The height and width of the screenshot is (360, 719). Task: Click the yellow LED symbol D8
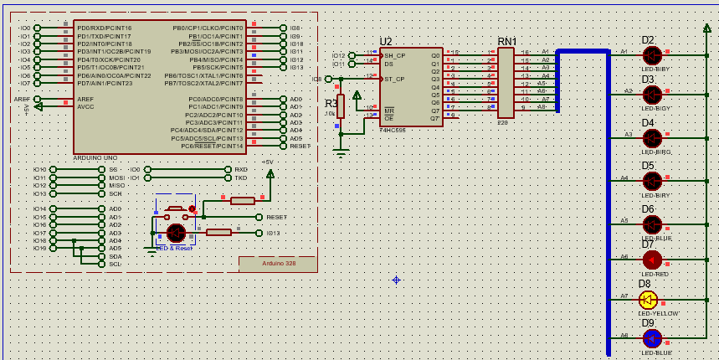[x=647, y=299]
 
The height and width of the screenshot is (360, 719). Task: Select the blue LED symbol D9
[x=651, y=337]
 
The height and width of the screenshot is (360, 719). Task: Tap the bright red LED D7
[x=651, y=260]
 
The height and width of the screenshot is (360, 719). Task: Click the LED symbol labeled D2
[x=651, y=55]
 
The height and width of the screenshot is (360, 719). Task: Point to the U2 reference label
[x=386, y=42]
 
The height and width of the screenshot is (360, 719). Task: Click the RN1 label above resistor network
[x=507, y=42]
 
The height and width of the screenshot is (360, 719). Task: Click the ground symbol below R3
[x=340, y=152]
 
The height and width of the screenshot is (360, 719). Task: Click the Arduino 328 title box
[x=278, y=263]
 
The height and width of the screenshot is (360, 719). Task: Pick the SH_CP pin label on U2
[x=395, y=55]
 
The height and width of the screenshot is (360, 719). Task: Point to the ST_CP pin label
[x=395, y=79]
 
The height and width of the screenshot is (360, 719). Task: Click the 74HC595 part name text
[x=393, y=131]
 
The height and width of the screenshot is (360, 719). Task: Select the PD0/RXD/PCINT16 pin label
[x=104, y=28]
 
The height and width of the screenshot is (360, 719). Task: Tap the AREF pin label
[x=85, y=99]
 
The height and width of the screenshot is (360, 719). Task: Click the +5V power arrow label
[x=268, y=162]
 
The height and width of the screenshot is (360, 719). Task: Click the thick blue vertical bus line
[x=609, y=209]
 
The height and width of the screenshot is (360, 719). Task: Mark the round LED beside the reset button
[x=176, y=233]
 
